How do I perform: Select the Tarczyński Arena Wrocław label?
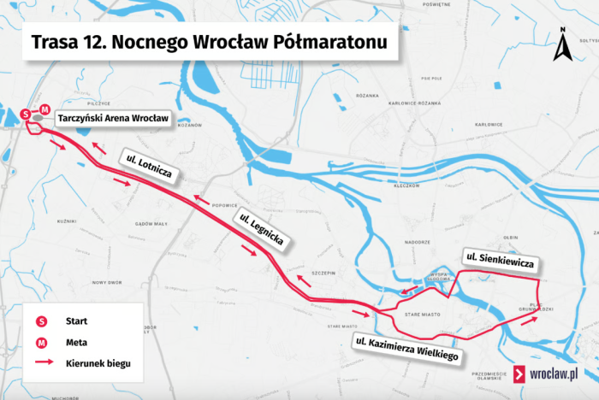pyautogui.click(x=114, y=119)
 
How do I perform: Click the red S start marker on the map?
pyautogui.click(x=26, y=112)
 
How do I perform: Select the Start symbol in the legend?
pyautogui.click(x=41, y=321)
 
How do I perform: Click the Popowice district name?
pyautogui.click(x=224, y=205)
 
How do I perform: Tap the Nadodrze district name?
pyautogui.click(x=417, y=243)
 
